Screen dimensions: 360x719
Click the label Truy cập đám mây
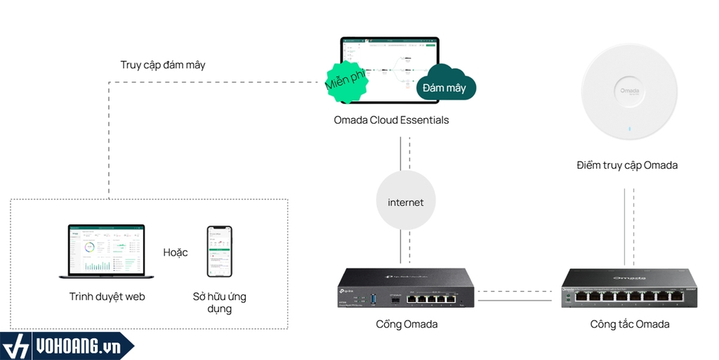pyautogui.click(x=163, y=65)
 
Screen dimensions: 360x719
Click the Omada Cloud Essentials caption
pyautogui.click(x=391, y=120)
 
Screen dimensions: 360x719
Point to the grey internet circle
pyautogui.click(x=406, y=202)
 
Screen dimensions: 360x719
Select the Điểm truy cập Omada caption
pyautogui.click(x=627, y=165)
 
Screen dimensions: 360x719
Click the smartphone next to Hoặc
pyautogui.click(x=219, y=251)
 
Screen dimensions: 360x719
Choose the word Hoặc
pyautogui.click(x=176, y=252)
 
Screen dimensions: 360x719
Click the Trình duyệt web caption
pyautogui.click(x=107, y=297)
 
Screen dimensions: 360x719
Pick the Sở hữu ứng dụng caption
pyautogui.click(x=220, y=302)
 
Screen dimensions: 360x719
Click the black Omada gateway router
pyautogui.click(x=405, y=290)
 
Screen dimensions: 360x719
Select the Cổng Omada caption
pyautogui.click(x=407, y=324)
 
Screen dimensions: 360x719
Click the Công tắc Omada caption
pyautogui.click(x=630, y=324)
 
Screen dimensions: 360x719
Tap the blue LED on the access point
pyautogui.click(x=629, y=129)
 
